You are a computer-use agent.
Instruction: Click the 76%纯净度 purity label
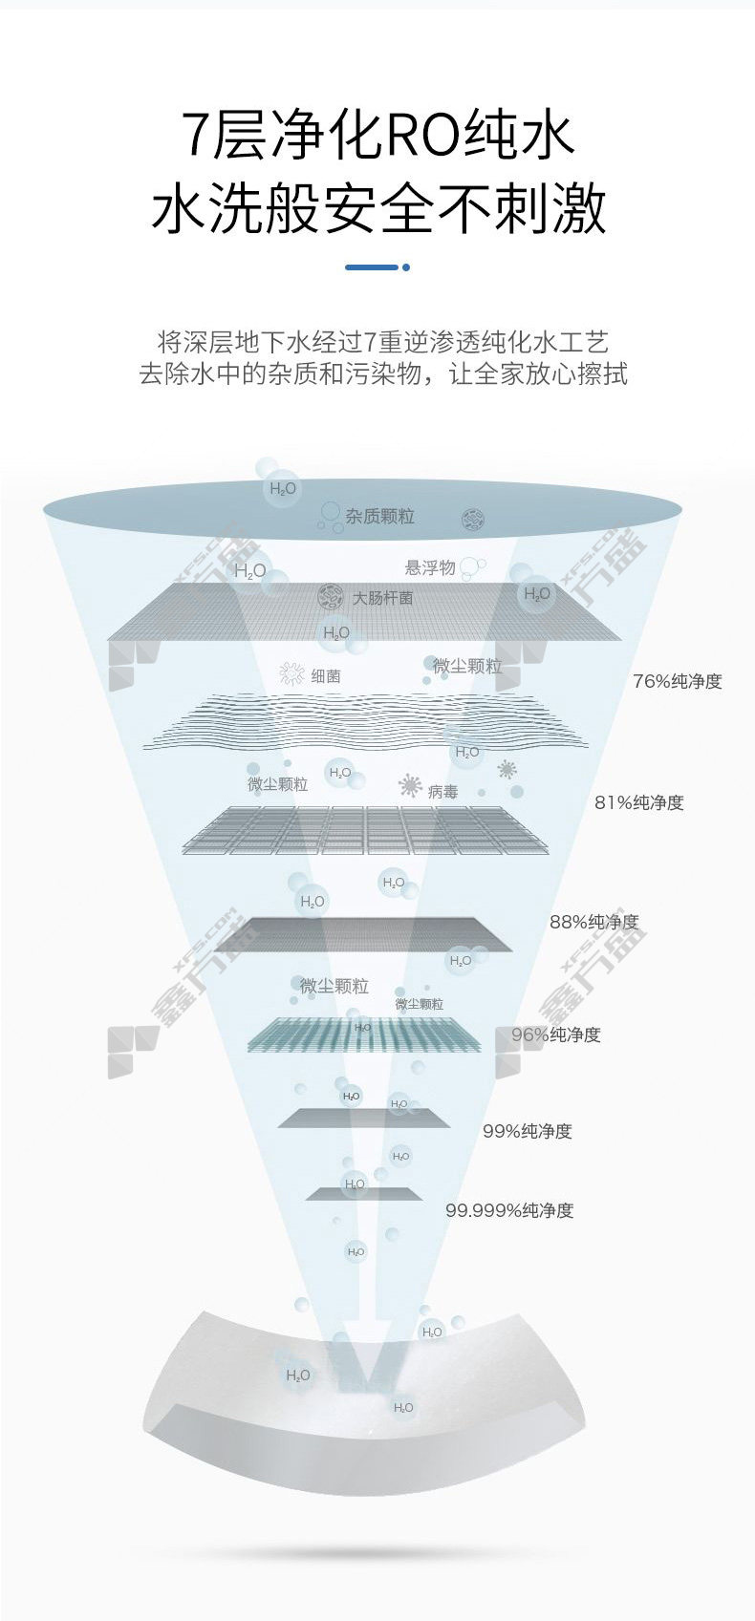[677, 681]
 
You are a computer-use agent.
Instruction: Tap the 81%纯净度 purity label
[638, 802]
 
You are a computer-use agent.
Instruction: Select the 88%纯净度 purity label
[593, 922]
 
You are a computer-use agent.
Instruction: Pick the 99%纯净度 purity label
[527, 1131]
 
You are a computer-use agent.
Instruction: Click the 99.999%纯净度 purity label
[508, 1210]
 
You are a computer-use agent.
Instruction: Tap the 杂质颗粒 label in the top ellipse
[379, 516]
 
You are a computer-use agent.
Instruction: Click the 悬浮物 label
[429, 567]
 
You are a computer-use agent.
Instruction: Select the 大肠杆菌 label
[382, 598]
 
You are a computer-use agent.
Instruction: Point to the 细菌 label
[325, 675]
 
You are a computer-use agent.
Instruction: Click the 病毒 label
[442, 791]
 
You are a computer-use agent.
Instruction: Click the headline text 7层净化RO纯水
[378, 135]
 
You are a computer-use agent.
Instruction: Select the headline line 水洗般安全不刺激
[378, 208]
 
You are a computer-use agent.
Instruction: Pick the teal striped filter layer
[364, 1034]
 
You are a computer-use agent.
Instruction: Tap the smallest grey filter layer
[363, 1193]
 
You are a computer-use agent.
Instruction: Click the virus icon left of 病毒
[410, 786]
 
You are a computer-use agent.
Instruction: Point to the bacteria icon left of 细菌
[291, 674]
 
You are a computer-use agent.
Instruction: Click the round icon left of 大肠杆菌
[330, 597]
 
